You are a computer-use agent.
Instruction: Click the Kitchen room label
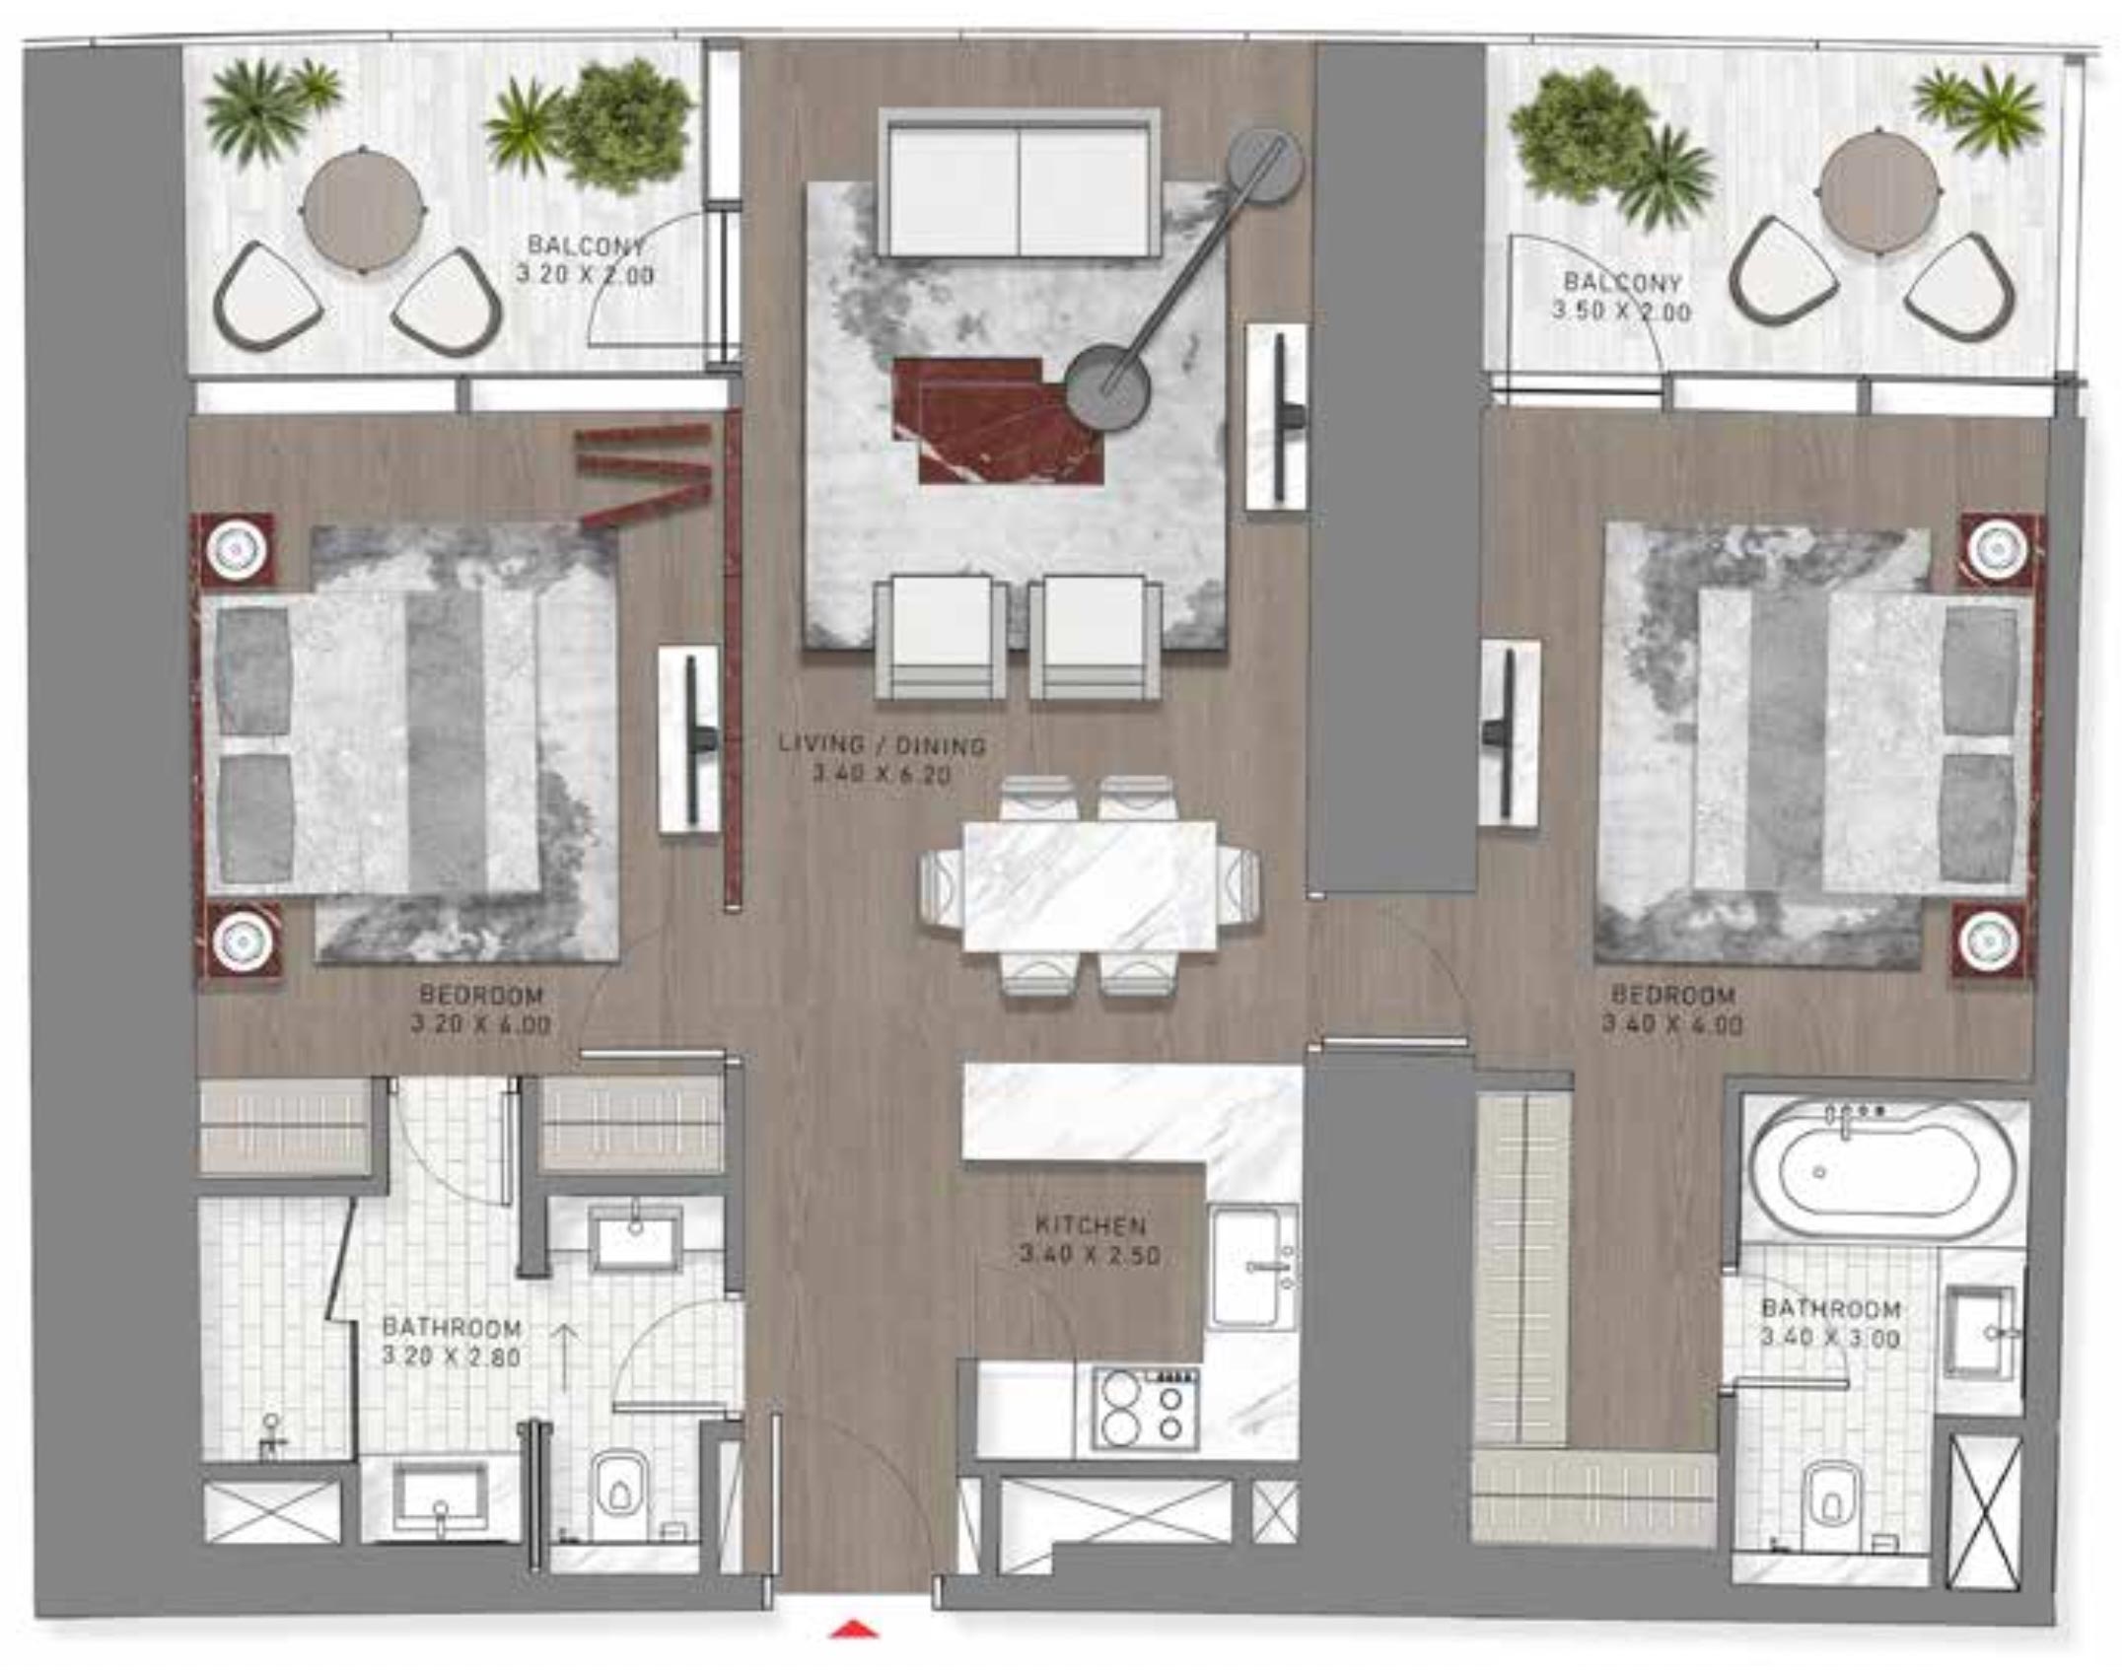[x=1091, y=1225]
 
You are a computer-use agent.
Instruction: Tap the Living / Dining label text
[x=883, y=745]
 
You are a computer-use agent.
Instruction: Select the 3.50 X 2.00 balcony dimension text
[x=1621, y=312]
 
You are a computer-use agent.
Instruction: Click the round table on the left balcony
[x=363, y=209]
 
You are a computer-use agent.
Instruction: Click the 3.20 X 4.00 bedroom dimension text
[x=480, y=1024]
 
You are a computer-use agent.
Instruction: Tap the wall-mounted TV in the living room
[x=1279, y=418]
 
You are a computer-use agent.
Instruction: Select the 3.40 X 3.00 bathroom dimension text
[x=1830, y=1338]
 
